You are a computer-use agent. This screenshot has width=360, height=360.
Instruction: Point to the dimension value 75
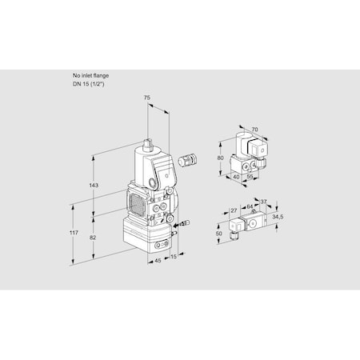147,98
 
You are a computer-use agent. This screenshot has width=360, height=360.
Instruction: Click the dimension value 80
220,158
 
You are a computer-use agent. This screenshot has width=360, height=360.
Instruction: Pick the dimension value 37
263,202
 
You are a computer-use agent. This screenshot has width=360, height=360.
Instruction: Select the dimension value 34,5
278,218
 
